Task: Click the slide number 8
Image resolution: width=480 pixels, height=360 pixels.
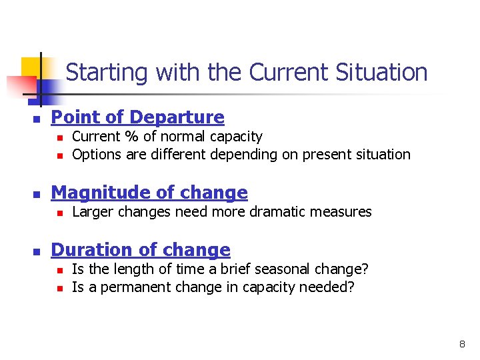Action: tap(461, 345)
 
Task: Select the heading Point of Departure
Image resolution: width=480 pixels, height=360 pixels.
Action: tap(137, 117)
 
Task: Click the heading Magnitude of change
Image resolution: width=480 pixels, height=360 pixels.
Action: tap(149, 193)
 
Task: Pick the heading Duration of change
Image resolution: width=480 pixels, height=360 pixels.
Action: tap(141, 250)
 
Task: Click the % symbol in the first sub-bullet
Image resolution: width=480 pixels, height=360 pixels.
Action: tap(127, 137)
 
